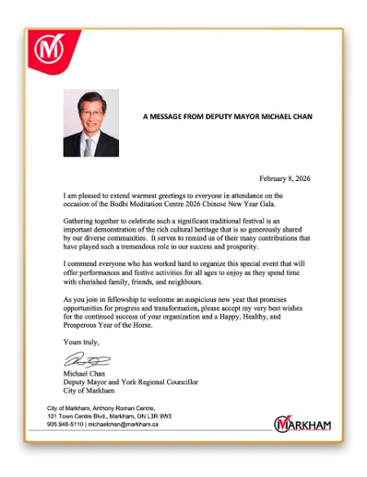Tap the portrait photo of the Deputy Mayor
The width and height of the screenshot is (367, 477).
[91, 122]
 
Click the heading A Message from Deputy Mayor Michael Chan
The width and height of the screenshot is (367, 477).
[228, 117]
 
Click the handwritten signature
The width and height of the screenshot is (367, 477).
[86, 360]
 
